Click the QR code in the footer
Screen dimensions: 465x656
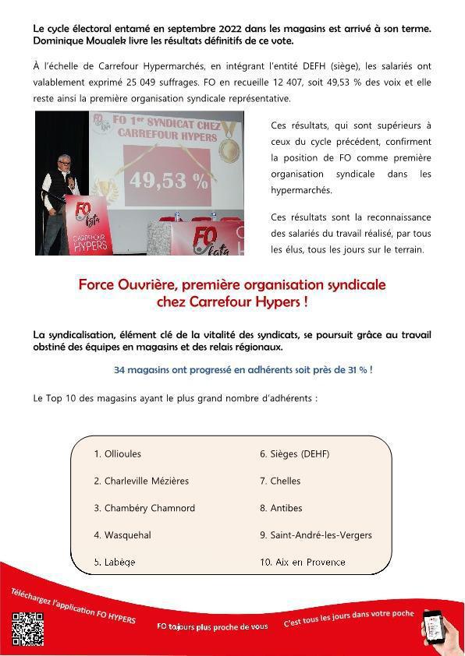pyautogui.click(x=27, y=629)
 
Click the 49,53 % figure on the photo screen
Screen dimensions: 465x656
pyautogui.click(x=169, y=181)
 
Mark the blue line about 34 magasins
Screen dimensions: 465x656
pyautogui.click(x=243, y=369)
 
